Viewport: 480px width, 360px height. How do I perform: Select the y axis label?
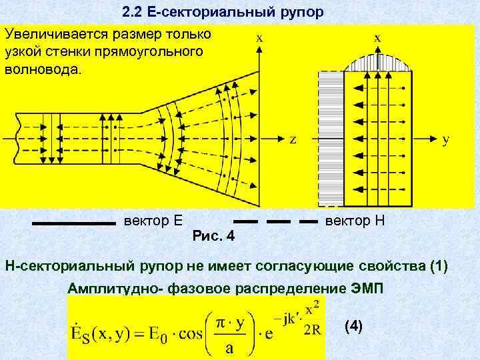click(446, 139)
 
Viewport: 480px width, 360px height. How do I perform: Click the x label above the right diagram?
click(377, 38)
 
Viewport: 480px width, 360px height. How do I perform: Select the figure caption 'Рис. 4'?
click(213, 236)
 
